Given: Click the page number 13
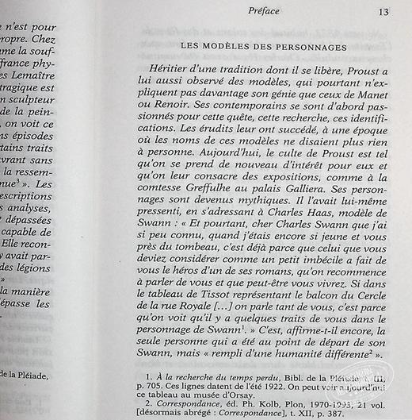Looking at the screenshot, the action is pyautogui.click(x=383, y=11).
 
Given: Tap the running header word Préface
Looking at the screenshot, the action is pyautogui.click(x=261, y=11).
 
